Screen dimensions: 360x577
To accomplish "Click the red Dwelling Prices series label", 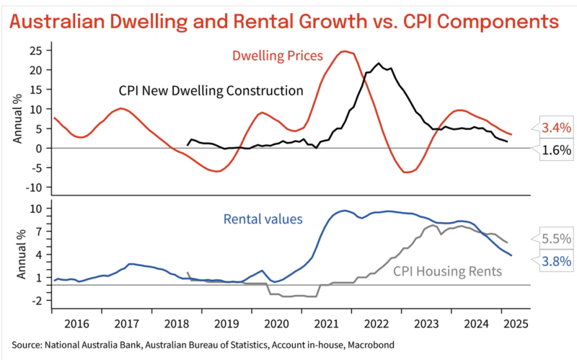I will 277,56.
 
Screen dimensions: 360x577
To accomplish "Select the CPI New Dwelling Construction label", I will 211,91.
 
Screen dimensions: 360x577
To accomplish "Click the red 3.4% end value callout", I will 555,128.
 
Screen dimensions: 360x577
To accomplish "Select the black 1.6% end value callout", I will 556,150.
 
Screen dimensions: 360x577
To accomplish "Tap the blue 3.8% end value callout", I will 556,261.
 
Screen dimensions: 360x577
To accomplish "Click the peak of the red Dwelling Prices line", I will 345,51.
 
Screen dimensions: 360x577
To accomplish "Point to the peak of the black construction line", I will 379,63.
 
